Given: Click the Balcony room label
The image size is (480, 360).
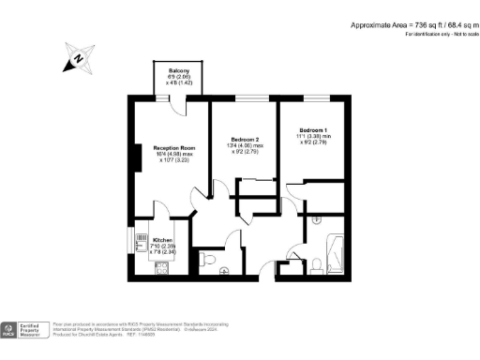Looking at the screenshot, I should coord(179,71).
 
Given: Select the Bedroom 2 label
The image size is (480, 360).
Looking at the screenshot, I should coord(245,138).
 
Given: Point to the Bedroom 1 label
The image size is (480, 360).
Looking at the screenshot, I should coord(314,129).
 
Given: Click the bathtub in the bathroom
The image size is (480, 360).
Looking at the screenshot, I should coord(335,254).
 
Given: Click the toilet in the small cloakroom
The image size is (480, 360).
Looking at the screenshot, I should coord(209,259).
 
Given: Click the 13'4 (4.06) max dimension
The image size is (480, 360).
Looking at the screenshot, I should coord(245,145).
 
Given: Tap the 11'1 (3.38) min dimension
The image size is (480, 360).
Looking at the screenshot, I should coord(314,137).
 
